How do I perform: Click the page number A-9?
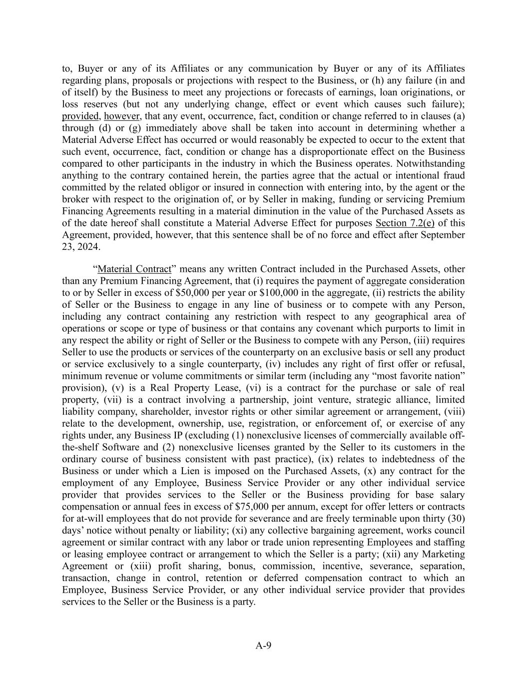(263, 646)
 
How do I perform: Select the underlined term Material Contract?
(134, 269)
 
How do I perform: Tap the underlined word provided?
(80, 116)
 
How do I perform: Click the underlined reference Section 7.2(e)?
(405, 223)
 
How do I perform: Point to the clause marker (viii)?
(454, 412)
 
